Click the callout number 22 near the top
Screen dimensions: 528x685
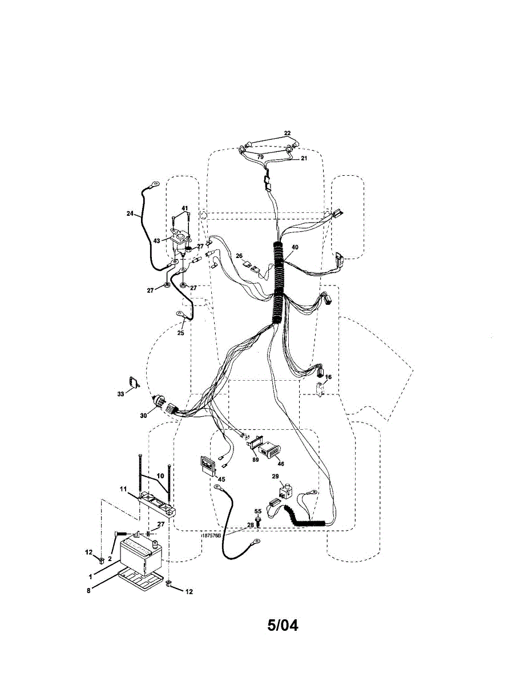(x=287, y=134)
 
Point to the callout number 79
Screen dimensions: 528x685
(x=260, y=156)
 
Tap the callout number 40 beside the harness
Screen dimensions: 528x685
(x=295, y=247)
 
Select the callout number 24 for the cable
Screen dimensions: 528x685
(x=130, y=214)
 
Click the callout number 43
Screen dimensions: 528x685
(x=156, y=240)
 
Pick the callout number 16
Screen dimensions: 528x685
(x=328, y=377)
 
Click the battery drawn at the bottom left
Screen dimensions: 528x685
(x=142, y=557)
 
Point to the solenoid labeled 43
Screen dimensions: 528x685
(x=180, y=241)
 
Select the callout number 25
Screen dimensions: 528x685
(x=180, y=333)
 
